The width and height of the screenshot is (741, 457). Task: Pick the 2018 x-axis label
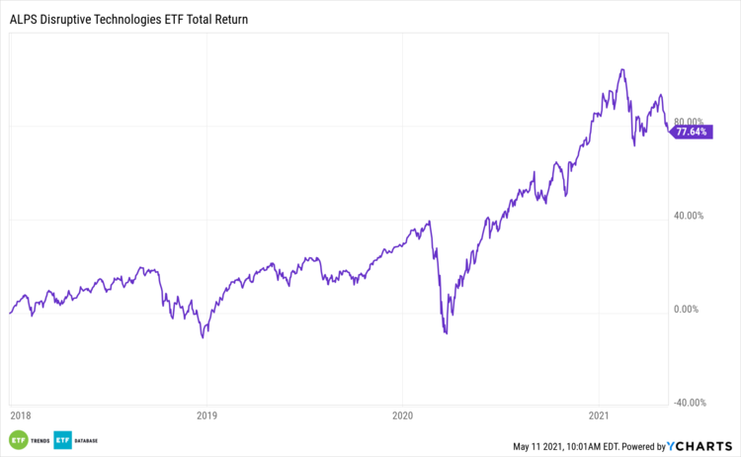pos(20,416)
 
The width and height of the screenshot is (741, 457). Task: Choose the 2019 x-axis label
pos(206,416)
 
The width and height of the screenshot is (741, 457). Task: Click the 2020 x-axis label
pos(402,416)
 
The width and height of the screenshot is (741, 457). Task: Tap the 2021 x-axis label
pos(602,416)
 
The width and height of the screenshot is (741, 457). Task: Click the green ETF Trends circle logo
pos(18,440)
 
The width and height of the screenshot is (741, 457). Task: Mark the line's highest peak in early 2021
pos(621,69)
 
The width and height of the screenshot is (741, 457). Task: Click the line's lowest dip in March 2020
pos(447,333)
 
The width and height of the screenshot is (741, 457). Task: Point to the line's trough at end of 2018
pos(204,337)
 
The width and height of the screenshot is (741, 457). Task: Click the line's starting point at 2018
pos(10,313)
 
